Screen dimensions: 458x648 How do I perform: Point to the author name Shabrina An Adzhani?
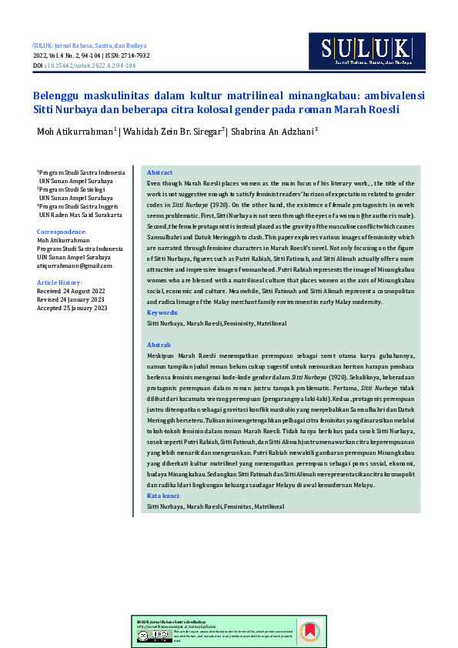pyautogui.click(x=273, y=132)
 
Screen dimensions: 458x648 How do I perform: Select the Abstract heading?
pyautogui.click(x=159, y=173)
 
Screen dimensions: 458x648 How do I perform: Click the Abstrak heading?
pyautogui.click(x=159, y=346)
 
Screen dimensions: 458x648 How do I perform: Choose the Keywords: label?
pyautogui.click(x=162, y=313)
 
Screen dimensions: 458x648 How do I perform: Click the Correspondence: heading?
pyautogui.click(x=62, y=232)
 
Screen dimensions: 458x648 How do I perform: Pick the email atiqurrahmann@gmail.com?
pyautogui.click(x=74, y=266)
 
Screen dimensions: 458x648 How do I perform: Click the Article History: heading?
pyautogui.click(x=59, y=283)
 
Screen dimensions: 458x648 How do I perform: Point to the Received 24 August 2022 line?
pyautogui.click(x=71, y=292)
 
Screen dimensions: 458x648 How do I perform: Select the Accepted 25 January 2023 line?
pyautogui.click(x=72, y=308)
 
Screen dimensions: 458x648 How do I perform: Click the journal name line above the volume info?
pyautogui.click(x=89, y=46)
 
